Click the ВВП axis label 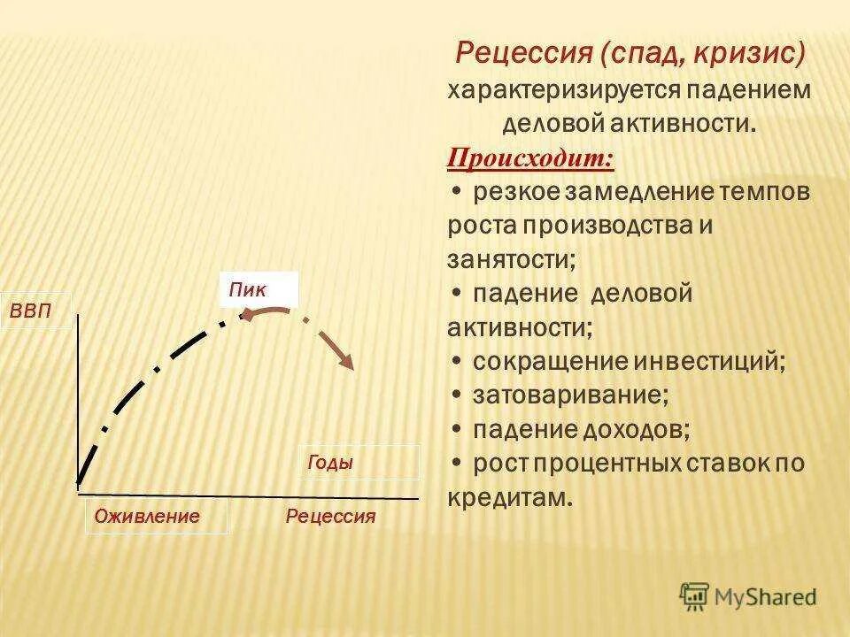tap(30, 311)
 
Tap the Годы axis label tap(330, 463)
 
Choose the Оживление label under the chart tap(147, 517)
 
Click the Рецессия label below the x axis tap(331, 517)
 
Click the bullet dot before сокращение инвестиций tap(455, 361)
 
